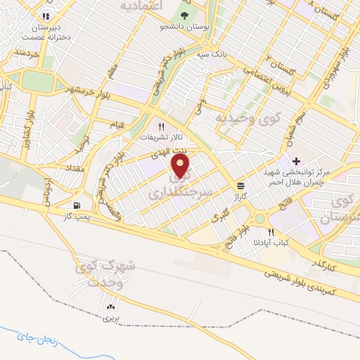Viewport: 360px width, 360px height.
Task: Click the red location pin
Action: coord(181,167)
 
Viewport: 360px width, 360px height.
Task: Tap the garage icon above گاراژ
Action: coord(242,186)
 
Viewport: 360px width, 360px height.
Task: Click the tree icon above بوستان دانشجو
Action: coord(184,16)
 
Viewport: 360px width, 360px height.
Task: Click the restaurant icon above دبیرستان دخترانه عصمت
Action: coord(46,15)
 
